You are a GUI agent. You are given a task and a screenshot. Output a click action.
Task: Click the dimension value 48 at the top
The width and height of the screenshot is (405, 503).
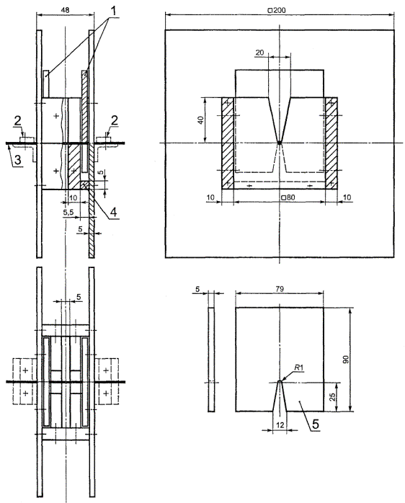tap(65, 10)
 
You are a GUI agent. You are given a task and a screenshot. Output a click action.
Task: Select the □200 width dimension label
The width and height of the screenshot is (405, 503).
tap(277, 10)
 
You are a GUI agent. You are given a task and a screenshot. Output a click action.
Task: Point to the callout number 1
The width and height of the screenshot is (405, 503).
tap(113, 11)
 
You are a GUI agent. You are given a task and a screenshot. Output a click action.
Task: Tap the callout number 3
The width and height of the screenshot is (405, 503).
tap(18, 160)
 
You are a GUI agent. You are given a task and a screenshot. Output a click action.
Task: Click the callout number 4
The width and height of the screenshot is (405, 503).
tap(113, 212)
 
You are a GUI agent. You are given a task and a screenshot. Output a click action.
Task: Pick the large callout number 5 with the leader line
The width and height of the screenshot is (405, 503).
tap(316, 424)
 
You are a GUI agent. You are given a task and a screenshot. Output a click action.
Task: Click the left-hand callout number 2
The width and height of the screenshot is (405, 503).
tap(17, 121)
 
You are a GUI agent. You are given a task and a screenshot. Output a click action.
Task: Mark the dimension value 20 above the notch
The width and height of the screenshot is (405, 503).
tap(259, 52)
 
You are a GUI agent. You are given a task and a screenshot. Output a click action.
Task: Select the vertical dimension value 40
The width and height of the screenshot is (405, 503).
tap(200, 120)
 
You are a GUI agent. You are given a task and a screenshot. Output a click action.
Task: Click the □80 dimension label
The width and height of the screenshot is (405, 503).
tap(288, 197)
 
